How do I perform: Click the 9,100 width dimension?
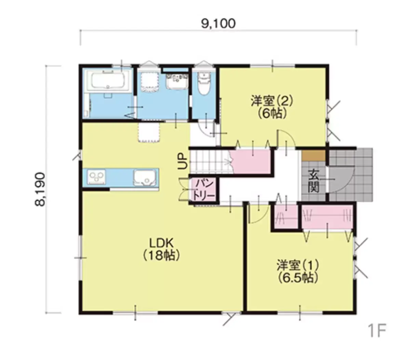pos(218,24)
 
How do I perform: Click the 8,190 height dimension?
pos(40,189)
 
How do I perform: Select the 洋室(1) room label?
pos(298,265)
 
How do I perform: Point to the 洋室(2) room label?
pos(272,101)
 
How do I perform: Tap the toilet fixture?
pos(204,83)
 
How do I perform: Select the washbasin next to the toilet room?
pos(177,81)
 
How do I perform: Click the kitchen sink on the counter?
pos(145,178)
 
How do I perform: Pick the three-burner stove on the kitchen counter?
pos(96,177)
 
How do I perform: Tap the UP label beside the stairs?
pos(182,161)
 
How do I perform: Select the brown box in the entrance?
pos(313,155)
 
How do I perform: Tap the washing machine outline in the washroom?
pos(149,82)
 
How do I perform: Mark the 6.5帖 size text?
pos(298,278)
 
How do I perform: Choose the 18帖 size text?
pos(161,255)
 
